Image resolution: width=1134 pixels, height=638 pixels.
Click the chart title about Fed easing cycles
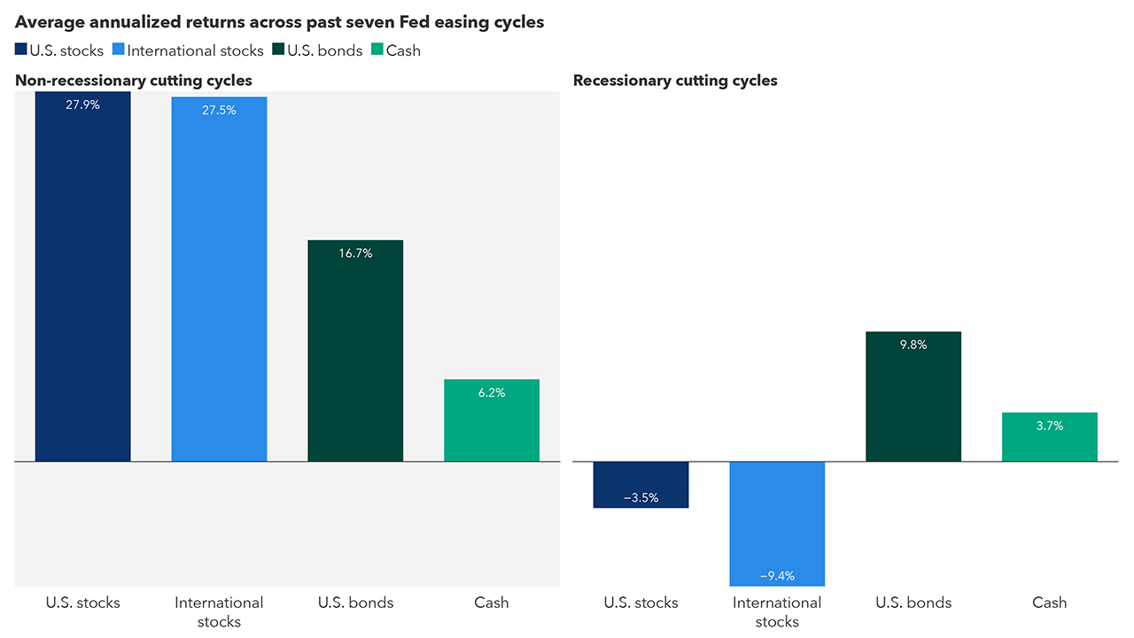(279, 21)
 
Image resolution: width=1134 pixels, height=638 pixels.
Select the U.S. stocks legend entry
(59, 51)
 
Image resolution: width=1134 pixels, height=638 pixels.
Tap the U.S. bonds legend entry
(319, 51)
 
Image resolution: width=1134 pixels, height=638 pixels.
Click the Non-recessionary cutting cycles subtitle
(134, 81)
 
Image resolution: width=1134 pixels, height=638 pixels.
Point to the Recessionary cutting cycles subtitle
(675, 81)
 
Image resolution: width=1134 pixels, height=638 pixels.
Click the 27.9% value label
(82, 105)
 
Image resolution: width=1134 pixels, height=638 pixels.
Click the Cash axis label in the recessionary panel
(1050, 603)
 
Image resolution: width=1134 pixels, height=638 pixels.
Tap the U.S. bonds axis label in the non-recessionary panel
(355, 603)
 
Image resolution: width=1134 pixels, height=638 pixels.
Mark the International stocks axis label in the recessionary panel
(777, 611)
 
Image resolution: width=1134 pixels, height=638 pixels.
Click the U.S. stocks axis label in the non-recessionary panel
(82, 603)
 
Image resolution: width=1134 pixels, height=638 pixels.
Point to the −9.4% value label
(777, 576)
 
